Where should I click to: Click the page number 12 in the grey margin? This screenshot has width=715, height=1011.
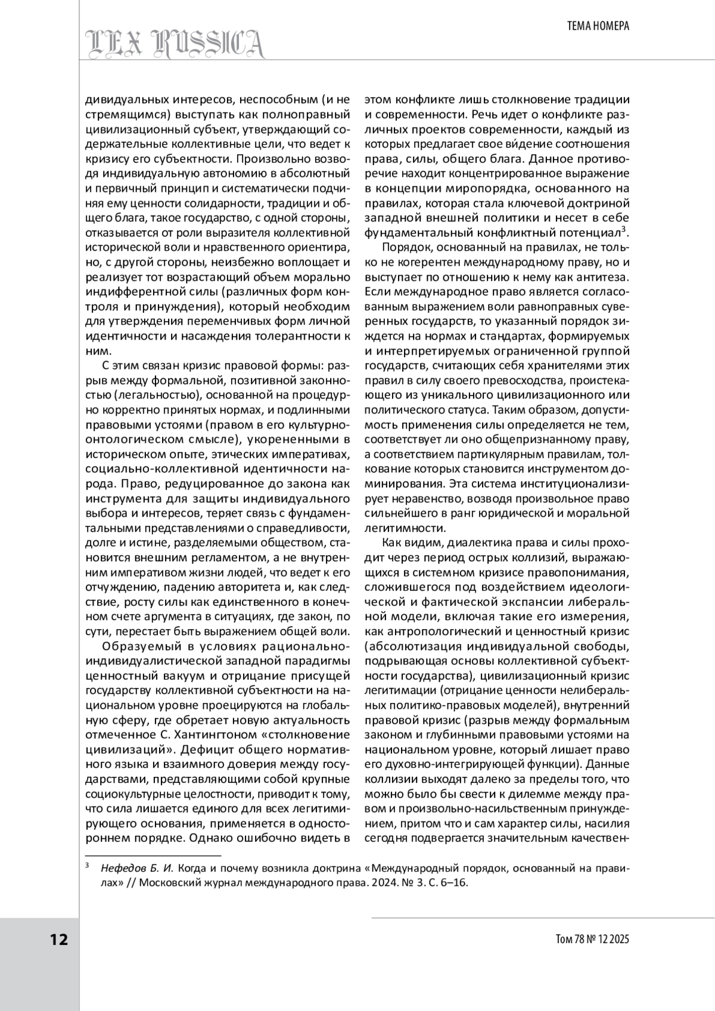coord(58,940)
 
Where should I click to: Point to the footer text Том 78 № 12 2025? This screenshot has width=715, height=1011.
coord(592,940)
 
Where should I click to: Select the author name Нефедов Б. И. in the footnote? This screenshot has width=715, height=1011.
coord(138,868)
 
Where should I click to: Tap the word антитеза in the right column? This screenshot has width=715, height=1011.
coord(601,277)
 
